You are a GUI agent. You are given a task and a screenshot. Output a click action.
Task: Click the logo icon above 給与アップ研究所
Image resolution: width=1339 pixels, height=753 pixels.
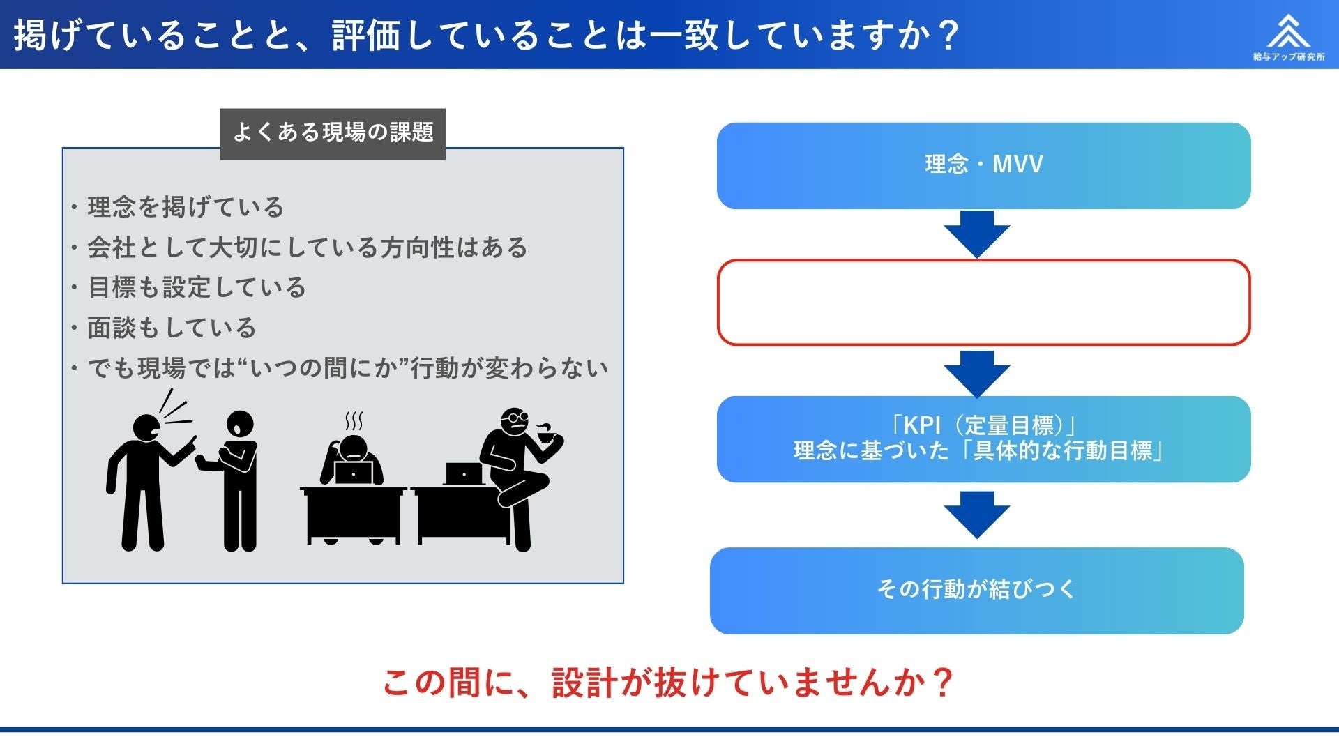pyautogui.click(x=1288, y=31)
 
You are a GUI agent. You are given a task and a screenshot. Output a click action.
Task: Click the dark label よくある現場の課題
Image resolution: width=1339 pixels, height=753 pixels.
pyautogui.click(x=333, y=133)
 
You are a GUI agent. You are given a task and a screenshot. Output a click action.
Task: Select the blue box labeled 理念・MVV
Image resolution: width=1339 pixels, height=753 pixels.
pyautogui.click(x=983, y=165)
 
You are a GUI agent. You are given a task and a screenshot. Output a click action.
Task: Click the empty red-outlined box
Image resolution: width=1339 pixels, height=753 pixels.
pyautogui.click(x=983, y=303)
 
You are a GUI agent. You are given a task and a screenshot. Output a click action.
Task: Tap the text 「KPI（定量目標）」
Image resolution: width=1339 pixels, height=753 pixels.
pyautogui.click(x=983, y=425)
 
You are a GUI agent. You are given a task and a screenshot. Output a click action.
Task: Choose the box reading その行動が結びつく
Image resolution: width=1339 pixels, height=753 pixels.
pyautogui.click(x=976, y=590)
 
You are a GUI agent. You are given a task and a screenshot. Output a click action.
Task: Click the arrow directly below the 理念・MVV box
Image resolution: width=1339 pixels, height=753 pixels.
pyautogui.click(x=977, y=234)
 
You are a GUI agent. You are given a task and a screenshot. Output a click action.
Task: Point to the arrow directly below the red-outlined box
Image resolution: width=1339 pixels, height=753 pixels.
pyautogui.click(x=977, y=373)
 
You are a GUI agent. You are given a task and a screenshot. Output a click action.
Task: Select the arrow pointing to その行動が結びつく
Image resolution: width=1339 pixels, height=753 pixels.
pyautogui.click(x=977, y=514)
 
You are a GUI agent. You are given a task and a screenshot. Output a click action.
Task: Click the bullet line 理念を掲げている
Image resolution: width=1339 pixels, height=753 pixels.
pyautogui.click(x=186, y=207)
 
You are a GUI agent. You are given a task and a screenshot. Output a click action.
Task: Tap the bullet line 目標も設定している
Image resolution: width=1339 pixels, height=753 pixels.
pyautogui.click(x=197, y=287)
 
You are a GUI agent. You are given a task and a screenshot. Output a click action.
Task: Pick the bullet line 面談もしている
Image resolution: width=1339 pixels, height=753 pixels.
pyautogui.click(x=172, y=328)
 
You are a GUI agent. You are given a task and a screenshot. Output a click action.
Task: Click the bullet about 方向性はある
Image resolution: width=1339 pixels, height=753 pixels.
pyautogui.click(x=307, y=248)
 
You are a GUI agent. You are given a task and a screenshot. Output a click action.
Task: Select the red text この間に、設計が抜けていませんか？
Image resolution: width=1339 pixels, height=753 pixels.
pyautogui.click(x=668, y=682)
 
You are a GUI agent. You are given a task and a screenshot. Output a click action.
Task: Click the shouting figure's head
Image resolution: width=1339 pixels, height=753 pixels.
pyautogui.click(x=147, y=428)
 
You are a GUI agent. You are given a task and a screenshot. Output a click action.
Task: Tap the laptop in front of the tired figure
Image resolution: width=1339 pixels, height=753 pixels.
pyautogui.click(x=354, y=472)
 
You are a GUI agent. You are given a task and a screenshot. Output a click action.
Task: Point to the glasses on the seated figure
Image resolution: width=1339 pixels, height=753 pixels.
pyautogui.click(x=517, y=418)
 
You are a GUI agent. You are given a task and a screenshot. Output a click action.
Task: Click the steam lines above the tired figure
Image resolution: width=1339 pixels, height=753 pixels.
pyautogui.click(x=354, y=421)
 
